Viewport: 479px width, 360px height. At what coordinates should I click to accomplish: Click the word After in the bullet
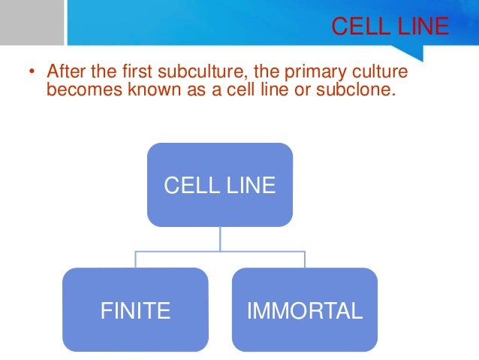[x=65, y=72]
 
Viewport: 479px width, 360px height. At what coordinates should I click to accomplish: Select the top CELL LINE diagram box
[x=219, y=185]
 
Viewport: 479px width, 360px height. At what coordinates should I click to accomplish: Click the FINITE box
[x=135, y=310]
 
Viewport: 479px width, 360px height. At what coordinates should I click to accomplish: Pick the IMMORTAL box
[x=305, y=310]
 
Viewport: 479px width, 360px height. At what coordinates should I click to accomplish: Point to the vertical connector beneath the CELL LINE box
[x=220, y=239]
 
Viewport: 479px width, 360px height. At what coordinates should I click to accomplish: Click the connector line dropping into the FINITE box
[x=136, y=260]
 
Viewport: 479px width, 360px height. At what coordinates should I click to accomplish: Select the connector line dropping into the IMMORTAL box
[x=305, y=260]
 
